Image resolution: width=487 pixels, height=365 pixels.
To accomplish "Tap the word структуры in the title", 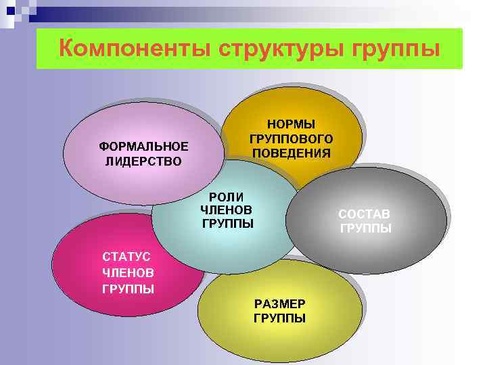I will coord(271,49).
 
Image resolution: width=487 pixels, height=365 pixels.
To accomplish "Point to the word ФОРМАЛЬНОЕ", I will coord(143,147).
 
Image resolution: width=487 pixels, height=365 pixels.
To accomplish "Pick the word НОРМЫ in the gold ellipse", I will coord(291,124).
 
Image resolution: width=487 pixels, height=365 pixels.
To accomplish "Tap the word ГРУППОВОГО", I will coord(291,139).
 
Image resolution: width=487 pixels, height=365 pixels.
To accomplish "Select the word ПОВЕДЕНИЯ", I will coord(291,153).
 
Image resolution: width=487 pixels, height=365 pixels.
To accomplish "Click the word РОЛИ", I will coord(227,196).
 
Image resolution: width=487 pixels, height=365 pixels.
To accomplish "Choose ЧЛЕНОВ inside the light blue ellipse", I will coord(227,210).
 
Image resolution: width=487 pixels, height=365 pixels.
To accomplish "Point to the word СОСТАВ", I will coord(365,214).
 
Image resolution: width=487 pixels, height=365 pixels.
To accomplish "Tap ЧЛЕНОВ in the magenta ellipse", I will coord(127,272).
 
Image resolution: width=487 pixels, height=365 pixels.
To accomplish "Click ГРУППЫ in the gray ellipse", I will coord(365,228).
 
